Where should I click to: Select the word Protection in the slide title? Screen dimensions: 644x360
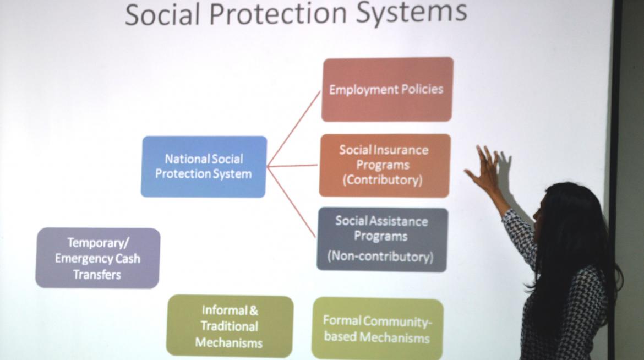[x=278, y=13]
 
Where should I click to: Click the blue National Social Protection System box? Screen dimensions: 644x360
[x=204, y=166]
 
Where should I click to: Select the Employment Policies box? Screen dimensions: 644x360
[x=388, y=89]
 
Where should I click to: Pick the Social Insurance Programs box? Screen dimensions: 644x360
[x=384, y=165]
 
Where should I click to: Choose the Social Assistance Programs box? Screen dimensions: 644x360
[x=382, y=239]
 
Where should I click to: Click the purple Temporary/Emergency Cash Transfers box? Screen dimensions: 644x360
[x=98, y=258]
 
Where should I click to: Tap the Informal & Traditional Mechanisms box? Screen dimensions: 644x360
[x=230, y=326]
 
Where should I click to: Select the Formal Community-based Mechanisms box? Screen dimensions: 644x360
[x=378, y=329]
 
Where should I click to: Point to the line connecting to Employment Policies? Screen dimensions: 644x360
[x=294, y=129]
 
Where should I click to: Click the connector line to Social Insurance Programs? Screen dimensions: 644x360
[x=292, y=166]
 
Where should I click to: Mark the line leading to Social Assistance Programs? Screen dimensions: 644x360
[x=292, y=202]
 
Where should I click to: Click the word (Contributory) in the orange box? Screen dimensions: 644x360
[x=383, y=180]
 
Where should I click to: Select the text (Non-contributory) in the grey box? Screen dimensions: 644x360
[x=380, y=257]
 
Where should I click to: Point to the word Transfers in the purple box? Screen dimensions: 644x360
[x=97, y=275]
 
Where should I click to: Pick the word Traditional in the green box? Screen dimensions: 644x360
[x=230, y=326]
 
